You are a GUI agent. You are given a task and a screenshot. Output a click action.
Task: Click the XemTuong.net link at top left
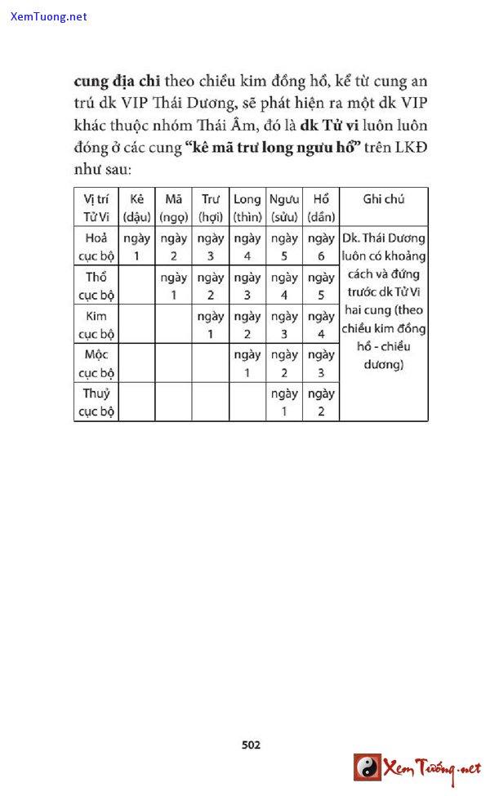pos(49,16)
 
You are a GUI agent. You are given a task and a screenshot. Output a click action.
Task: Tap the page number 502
pos(251,745)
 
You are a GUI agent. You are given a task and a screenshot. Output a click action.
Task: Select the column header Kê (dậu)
pos(136,207)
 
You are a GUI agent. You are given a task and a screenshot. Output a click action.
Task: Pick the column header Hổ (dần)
pos(321,207)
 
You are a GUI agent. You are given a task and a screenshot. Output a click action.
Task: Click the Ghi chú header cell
pos(383,199)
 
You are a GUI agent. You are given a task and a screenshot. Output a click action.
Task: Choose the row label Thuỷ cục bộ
pos(96,402)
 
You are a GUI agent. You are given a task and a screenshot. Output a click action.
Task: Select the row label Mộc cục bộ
pos(96,363)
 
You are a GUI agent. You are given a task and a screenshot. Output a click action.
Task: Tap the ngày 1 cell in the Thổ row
pos(173,286)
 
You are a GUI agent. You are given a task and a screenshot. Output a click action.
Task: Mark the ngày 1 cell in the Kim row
pos(210,324)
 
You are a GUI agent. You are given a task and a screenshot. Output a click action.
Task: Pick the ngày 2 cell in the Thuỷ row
pos(321,402)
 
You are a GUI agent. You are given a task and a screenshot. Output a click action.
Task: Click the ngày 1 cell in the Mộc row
pos(247,363)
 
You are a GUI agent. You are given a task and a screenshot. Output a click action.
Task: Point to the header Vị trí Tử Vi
pos(96,207)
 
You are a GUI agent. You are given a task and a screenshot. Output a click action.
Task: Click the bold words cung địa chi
pos(117,82)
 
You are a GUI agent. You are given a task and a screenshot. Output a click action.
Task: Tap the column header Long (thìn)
pos(247,207)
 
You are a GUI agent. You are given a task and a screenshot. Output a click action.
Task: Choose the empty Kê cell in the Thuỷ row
pos(136,402)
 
